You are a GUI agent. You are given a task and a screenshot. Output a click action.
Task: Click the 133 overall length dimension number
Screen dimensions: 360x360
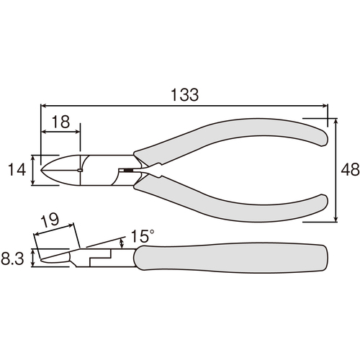pos(184,95)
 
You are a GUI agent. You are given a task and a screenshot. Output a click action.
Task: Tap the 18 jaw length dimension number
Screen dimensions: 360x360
pos(60,122)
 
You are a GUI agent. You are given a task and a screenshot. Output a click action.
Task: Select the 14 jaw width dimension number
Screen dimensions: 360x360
pos(17,169)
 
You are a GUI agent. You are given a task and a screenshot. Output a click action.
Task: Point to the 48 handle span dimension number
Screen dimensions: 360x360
pos(350,169)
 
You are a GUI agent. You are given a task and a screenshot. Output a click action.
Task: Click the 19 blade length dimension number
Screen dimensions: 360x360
pos(50,219)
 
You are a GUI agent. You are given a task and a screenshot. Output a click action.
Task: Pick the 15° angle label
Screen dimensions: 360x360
pos(143,236)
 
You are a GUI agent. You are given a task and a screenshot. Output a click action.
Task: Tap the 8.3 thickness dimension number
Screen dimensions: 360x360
pos(12,259)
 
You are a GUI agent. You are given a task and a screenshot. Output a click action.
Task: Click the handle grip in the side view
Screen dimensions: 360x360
pos(231,258)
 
